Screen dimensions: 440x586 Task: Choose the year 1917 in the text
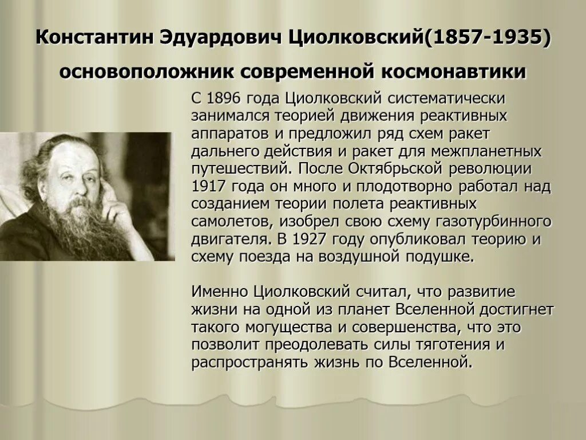tap(209, 187)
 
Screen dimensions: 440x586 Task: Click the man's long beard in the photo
tap(80, 229)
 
